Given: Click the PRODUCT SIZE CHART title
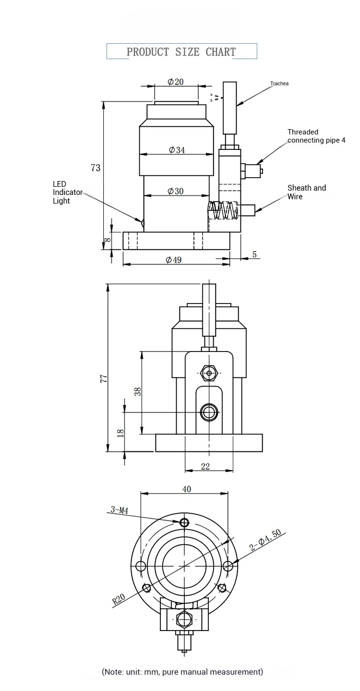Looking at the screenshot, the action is (181, 52).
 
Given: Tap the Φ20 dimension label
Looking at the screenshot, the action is (175, 82).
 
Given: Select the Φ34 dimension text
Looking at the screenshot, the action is (177, 150).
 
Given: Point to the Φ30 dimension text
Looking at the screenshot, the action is (176, 191).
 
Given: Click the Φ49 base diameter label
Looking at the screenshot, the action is (174, 260).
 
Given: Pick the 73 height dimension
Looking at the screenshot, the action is (96, 168).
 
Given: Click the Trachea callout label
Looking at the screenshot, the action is (279, 83).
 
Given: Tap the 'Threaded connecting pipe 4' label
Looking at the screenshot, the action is (316, 136).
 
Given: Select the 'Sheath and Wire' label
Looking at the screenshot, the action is (307, 192).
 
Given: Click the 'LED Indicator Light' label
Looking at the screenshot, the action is (68, 193).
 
